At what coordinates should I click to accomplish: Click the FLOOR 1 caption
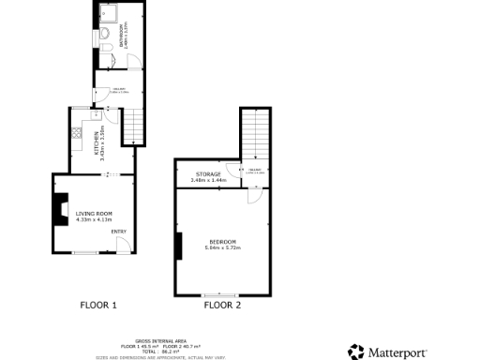coord(98,305)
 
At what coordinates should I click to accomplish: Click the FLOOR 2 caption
coord(222,305)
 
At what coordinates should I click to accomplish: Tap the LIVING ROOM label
coord(94,214)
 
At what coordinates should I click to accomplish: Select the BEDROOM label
coord(223,242)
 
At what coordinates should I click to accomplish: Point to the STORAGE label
coord(208,173)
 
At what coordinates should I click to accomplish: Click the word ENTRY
coord(118,232)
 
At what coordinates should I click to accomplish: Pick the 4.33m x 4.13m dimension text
coord(94,219)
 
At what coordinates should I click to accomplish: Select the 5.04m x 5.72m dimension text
coord(223,247)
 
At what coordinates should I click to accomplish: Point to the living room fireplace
coord(61,207)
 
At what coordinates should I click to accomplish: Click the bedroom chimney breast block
coord(177,245)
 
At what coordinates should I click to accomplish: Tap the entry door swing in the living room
coord(123,246)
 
